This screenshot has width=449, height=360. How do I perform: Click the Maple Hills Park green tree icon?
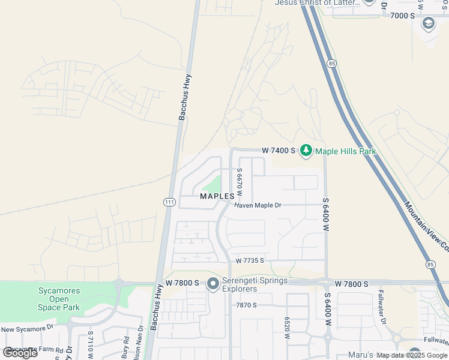click(306, 151)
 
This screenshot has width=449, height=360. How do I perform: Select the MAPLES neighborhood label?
click(217, 196)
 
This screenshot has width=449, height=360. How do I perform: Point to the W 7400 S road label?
click(279, 150)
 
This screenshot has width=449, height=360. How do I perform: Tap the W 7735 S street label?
click(250, 261)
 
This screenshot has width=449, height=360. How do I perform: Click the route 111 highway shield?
click(169, 202)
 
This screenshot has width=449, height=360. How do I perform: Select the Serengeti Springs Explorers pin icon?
click(212, 284)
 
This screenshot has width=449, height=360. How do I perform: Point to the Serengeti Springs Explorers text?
click(247, 285)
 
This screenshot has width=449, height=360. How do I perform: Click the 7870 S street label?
click(246, 305)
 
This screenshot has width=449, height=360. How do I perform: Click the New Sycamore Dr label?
click(28, 329)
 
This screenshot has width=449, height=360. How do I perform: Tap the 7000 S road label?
click(402, 16)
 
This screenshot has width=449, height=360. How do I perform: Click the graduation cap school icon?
click(429, 23)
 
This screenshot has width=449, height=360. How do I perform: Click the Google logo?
click(20, 352)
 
